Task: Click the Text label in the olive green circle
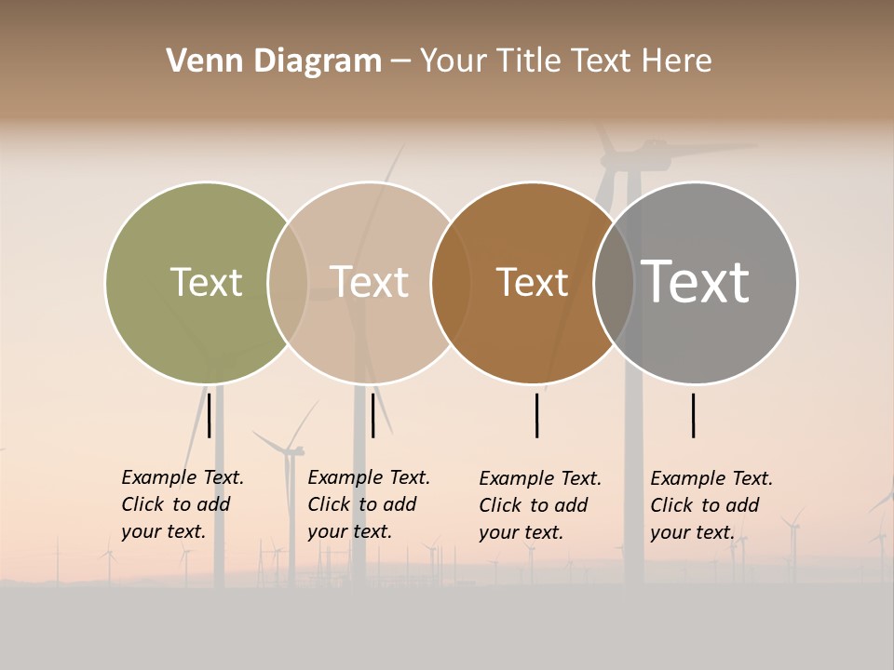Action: pos(206,282)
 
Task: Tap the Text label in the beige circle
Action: pos(370,282)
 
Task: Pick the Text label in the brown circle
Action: pos(532,282)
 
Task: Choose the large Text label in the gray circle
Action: pos(695,282)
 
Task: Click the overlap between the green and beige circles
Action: pos(288,283)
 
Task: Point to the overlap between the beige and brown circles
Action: pos(450,283)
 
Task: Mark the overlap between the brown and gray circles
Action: pos(614,283)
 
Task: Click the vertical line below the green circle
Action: pos(210,415)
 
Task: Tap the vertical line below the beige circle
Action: pos(372,415)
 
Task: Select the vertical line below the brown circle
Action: pos(537,415)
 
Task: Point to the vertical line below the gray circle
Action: pos(694,415)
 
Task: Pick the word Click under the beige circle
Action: pos(328,504)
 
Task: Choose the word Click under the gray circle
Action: pos(670,505)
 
